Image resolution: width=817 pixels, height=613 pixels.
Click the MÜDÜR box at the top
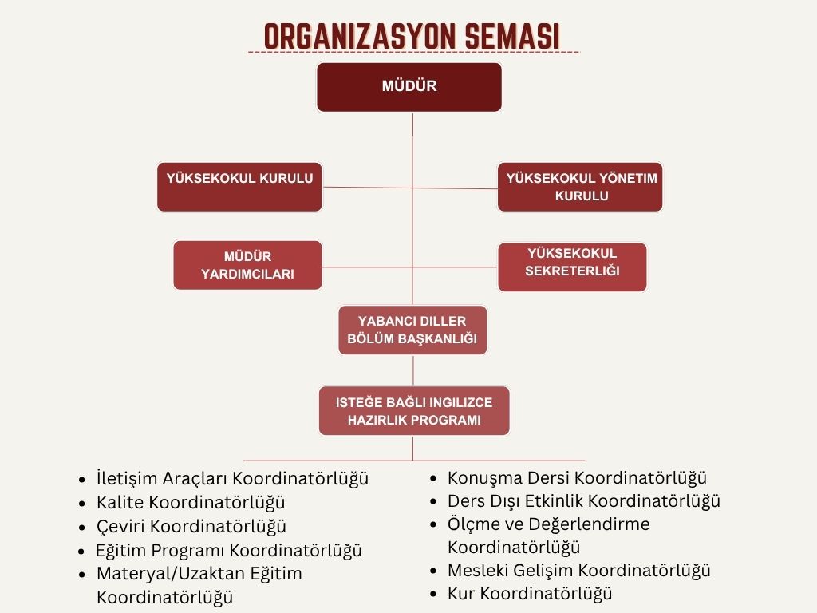coord(409,87)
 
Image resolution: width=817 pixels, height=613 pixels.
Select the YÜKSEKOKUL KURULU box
coord(239,187)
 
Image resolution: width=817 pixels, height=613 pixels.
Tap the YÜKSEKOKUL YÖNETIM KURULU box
coord(581,187)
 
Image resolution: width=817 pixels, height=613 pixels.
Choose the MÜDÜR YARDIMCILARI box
coord(247,265)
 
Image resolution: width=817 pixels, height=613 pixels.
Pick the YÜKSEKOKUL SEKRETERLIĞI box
coord(572,267)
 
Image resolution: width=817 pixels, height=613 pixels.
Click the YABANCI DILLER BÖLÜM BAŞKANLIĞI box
coord(412,330)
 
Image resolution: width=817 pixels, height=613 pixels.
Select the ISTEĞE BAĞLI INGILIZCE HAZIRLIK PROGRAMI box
coord(414,411)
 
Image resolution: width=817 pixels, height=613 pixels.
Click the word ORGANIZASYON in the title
coord(360,37)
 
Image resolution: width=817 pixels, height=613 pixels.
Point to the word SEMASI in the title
coord(511,37)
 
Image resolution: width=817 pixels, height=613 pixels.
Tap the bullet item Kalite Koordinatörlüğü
coord(191,503)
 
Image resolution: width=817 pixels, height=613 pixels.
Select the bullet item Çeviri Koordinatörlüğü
coord(191,527)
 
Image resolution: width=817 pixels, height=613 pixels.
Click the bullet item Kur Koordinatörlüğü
coord(530,593)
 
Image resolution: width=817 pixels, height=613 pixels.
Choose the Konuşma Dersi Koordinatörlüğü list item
coord(578,478)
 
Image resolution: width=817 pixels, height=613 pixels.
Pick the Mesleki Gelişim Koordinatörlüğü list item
coord(579,570)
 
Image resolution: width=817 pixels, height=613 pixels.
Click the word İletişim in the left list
coord(127,479)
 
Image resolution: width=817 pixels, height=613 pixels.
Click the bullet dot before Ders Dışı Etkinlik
coord(433,502)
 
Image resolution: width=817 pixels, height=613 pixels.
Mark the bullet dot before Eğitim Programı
coord(81,551)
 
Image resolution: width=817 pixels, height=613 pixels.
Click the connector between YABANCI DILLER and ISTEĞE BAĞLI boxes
coord(413,370)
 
